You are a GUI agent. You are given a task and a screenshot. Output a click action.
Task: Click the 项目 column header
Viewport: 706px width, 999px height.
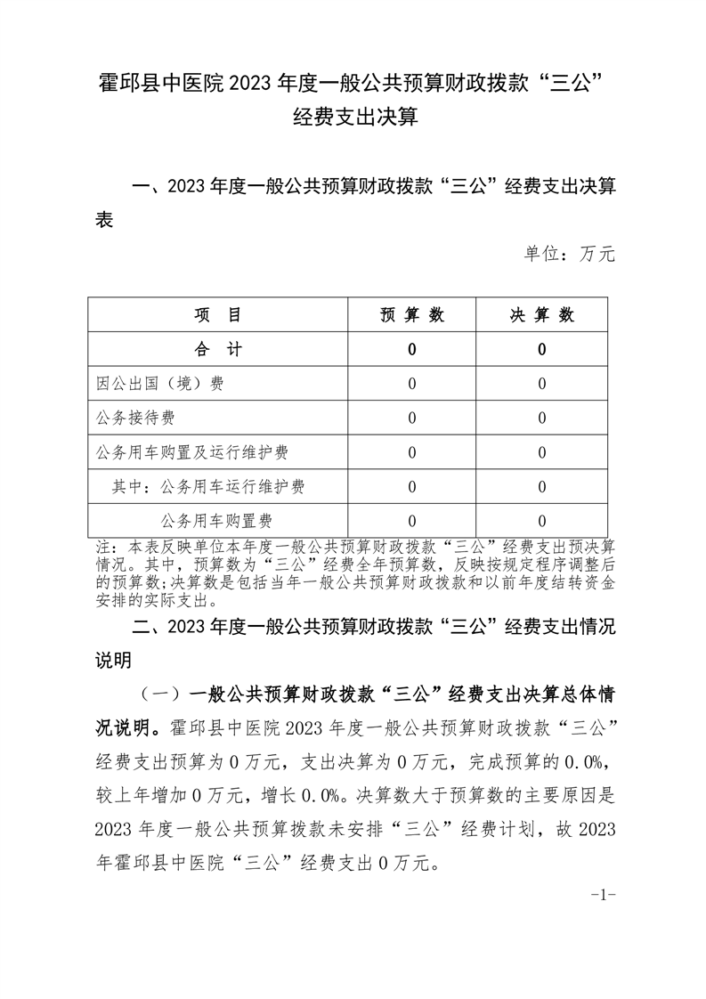pyautogui.click(x=217, y=315)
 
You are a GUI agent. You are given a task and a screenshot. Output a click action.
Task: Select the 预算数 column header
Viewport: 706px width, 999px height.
pyautogui.click(x=411, y=315)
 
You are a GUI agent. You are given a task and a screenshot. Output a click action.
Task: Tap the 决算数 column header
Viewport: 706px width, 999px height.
pyautogui.click(x=541, y=315)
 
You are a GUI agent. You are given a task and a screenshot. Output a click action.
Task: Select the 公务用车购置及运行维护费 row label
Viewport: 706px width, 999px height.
pyautogui.click(x=191, y=452)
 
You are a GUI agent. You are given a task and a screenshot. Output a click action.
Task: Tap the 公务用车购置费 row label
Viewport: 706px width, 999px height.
pyautogui.click(x=216, y=520)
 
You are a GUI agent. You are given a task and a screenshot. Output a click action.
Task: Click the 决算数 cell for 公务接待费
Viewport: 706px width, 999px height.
pyautogui.click(x=541, y=418)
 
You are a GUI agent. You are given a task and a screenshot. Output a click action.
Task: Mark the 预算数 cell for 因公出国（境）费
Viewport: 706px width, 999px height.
pyautogui.click(x=411, y=384)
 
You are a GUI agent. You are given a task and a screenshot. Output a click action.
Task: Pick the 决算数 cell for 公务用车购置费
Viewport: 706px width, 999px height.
pyautogui.click(x=541, y=520)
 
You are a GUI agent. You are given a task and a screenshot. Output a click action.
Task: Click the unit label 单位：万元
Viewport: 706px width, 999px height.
pyautogui.click(x=570, y=255)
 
